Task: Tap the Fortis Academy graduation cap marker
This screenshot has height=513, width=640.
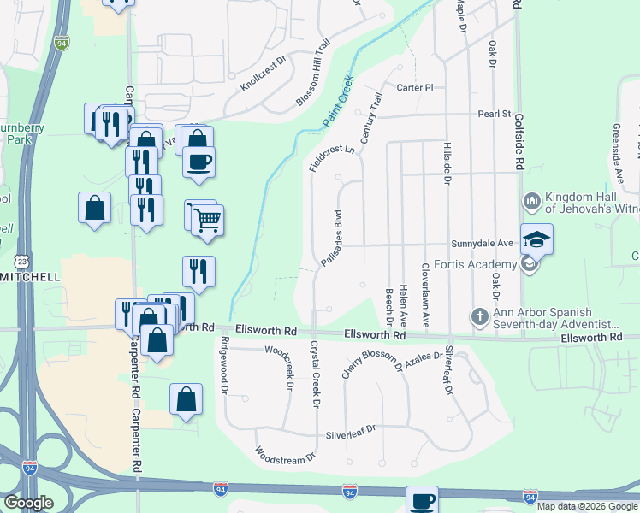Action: click(x=536, y=239)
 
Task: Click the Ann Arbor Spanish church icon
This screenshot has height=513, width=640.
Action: click(x=480, y=318)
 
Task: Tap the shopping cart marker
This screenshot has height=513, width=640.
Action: click(x=207, y=221)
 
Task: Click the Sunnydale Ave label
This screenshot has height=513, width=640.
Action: click(x=481, y=243)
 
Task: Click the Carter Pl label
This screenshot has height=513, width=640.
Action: click(x=416, y=87)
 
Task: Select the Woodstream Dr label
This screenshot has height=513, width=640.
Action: click(x=285, y=458)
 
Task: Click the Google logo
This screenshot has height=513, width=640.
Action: click(x=28, y=502)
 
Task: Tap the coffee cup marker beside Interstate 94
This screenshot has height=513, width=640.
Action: click(x=421, y=501)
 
